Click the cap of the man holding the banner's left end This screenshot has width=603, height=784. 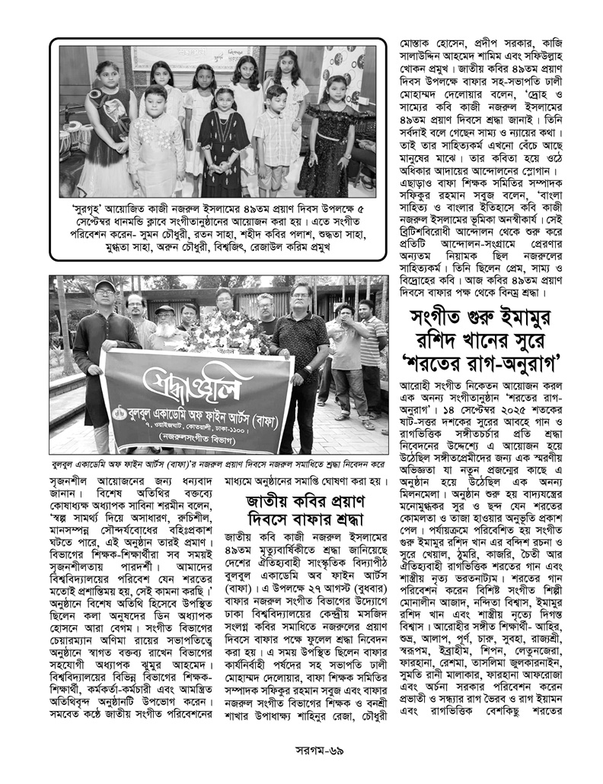(x=104, y=286)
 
